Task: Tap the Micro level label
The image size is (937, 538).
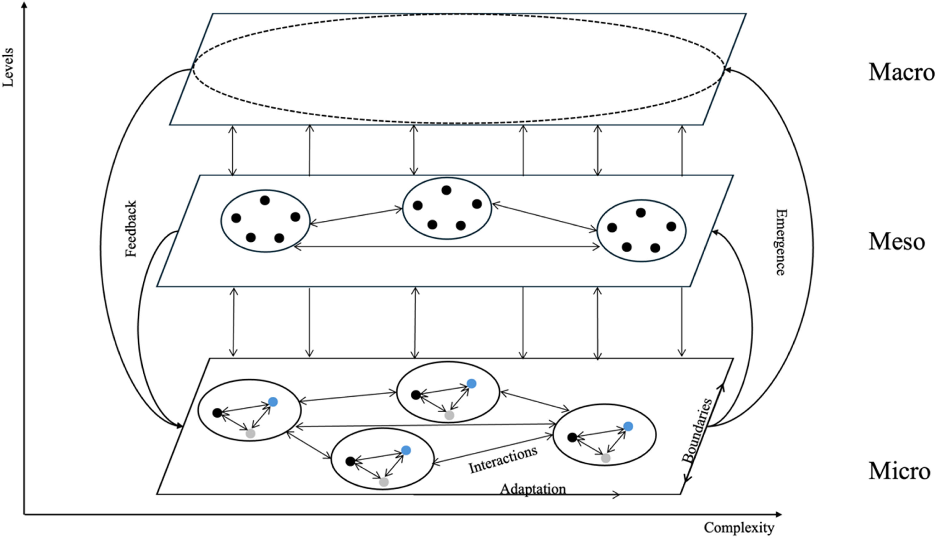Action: (x=899, y=471)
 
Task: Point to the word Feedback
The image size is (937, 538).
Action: (x=131, y=229)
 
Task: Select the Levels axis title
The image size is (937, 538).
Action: (x=8, y=68)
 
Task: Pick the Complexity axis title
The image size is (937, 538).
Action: (x=739, y=528)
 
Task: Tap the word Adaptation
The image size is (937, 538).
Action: (x=533, y=489)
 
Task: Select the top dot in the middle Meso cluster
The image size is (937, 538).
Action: (x=446, y=190)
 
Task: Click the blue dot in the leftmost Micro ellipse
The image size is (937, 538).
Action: (x=273, y=402)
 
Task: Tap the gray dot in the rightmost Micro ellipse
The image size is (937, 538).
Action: (x=606, y=458)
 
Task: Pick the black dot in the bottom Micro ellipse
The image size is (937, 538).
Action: (x=350, y=461)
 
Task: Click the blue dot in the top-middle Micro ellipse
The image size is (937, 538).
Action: (x=471, y=384)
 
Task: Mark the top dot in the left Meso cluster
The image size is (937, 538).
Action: (x=265, y=200)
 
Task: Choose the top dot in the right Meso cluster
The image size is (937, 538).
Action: (x=641, y=213)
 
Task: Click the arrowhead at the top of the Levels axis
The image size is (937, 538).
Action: (x=25, y=4)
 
